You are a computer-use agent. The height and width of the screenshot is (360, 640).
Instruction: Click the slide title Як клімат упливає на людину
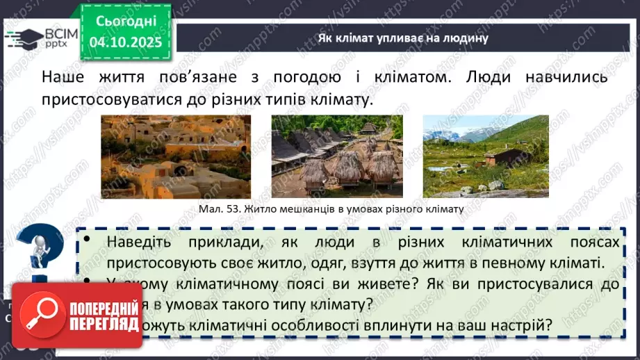(x=403, y=38)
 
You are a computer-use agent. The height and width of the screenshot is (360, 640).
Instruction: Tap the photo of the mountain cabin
(x=485, y=156)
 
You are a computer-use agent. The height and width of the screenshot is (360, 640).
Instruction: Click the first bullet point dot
(x=88, y=240)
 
